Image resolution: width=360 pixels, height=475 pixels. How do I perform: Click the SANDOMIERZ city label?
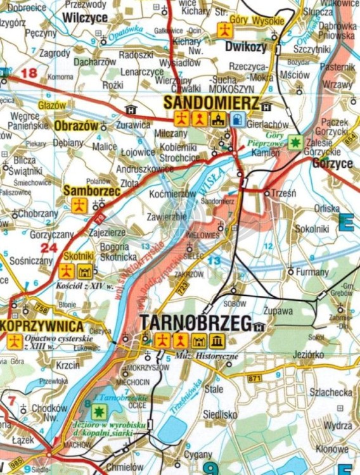[x=211, y=103]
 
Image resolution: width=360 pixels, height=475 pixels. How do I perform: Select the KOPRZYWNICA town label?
[x=42, y=326]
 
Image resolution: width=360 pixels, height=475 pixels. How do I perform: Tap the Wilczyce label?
[x=86, y=18]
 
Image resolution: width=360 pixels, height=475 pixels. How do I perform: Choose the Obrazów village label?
[x=77, y=126]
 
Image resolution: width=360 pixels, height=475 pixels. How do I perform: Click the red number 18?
[x=29, y=73]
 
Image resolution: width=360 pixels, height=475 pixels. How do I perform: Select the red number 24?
[x=49, y=248]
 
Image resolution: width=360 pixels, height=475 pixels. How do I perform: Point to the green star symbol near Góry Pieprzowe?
[x=294, y=142]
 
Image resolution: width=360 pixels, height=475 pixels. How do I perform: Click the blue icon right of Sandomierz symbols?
[x=237, y=118]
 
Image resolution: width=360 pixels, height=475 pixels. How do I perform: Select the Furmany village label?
[x=313, y=272]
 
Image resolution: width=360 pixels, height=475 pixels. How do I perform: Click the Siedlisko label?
[x=220, y=414]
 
